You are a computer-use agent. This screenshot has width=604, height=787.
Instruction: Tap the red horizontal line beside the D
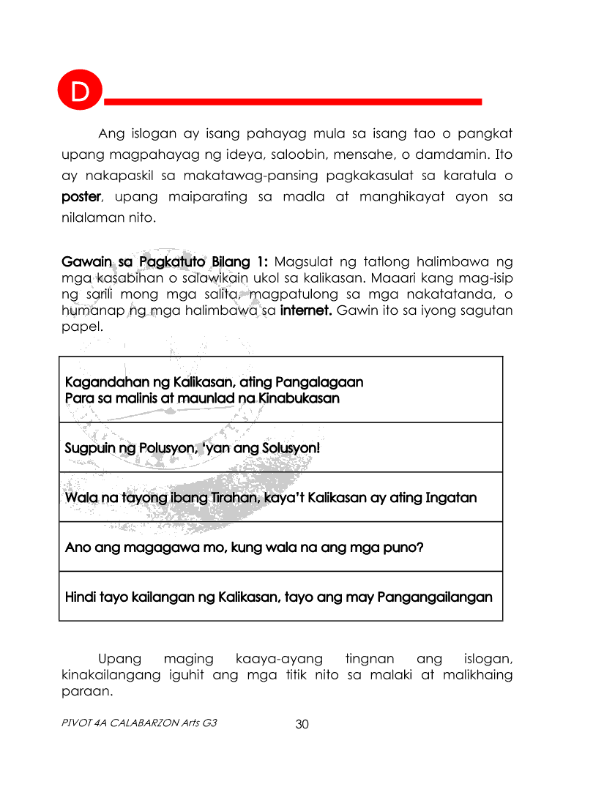[x=293, y=100]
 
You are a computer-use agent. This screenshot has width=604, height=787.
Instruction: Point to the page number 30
[x=302, y=724]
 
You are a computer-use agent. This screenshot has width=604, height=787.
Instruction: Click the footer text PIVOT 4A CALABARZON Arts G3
[x=138, y=723]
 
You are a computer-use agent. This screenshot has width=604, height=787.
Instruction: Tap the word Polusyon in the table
[x=163, y=448]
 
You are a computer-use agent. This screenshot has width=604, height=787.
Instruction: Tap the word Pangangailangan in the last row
[x=435, y=597]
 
